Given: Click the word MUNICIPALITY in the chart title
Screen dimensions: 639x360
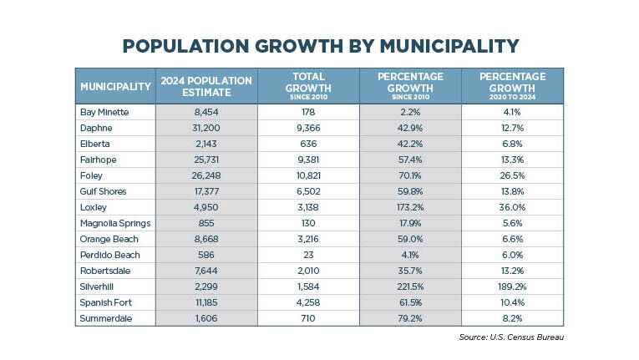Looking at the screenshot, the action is (x=449, y=46).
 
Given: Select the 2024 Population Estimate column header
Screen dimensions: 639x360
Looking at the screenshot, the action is (x=206, y=86).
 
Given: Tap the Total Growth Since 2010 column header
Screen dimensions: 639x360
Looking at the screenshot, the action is (x=308, y=86).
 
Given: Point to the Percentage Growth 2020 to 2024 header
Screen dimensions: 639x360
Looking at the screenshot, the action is (x=512, y=86).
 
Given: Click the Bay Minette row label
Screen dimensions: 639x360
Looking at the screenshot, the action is (x=104, y=112).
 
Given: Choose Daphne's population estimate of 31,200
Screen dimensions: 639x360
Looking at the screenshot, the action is (x=206, y=128).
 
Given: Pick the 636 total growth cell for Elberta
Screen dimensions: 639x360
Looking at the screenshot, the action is (x=308, y=144).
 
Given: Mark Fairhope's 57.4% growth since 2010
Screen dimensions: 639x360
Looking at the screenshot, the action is (x=410, y=160).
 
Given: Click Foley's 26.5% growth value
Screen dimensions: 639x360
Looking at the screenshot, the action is (x=512, y=175).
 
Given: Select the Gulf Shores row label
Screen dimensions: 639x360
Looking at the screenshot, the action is (x=103, y=191).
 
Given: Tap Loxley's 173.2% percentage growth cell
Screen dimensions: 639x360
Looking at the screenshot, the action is (x=410, y=207).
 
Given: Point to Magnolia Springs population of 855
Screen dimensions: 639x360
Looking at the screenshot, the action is (x=206, y=223).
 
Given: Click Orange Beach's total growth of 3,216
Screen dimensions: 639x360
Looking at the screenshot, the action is (x=308, y=240).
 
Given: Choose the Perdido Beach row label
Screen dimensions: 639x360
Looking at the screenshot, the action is (x=110, y=256).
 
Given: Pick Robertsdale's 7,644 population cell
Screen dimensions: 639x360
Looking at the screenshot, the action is (x=206, y=271).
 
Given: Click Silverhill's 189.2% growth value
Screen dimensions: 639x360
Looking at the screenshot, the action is (x=512, y=287).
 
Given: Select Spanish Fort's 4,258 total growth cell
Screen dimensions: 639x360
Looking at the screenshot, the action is (x=308, y=303).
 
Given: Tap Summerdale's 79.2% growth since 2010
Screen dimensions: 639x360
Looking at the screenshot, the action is (x=410, y=319).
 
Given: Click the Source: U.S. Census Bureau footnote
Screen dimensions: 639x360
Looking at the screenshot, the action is (x=511, y=337).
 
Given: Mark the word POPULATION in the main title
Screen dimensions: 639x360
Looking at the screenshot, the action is (x=185, y=46).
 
